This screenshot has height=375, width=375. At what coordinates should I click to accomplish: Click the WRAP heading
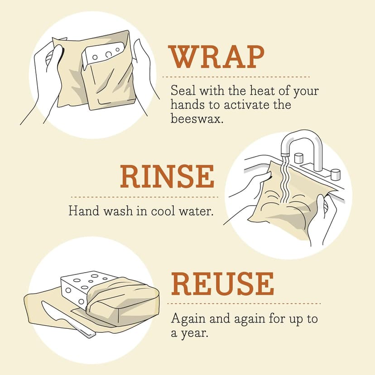pos(216,58)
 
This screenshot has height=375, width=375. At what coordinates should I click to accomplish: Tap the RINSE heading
pos(167,177)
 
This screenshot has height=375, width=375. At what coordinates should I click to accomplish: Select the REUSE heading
pos(222,284)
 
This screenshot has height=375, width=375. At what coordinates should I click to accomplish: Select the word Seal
pos(181,90)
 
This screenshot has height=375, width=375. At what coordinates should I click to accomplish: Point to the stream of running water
pos(284,181)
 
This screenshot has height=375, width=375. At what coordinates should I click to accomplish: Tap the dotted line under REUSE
pos(245,303)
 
